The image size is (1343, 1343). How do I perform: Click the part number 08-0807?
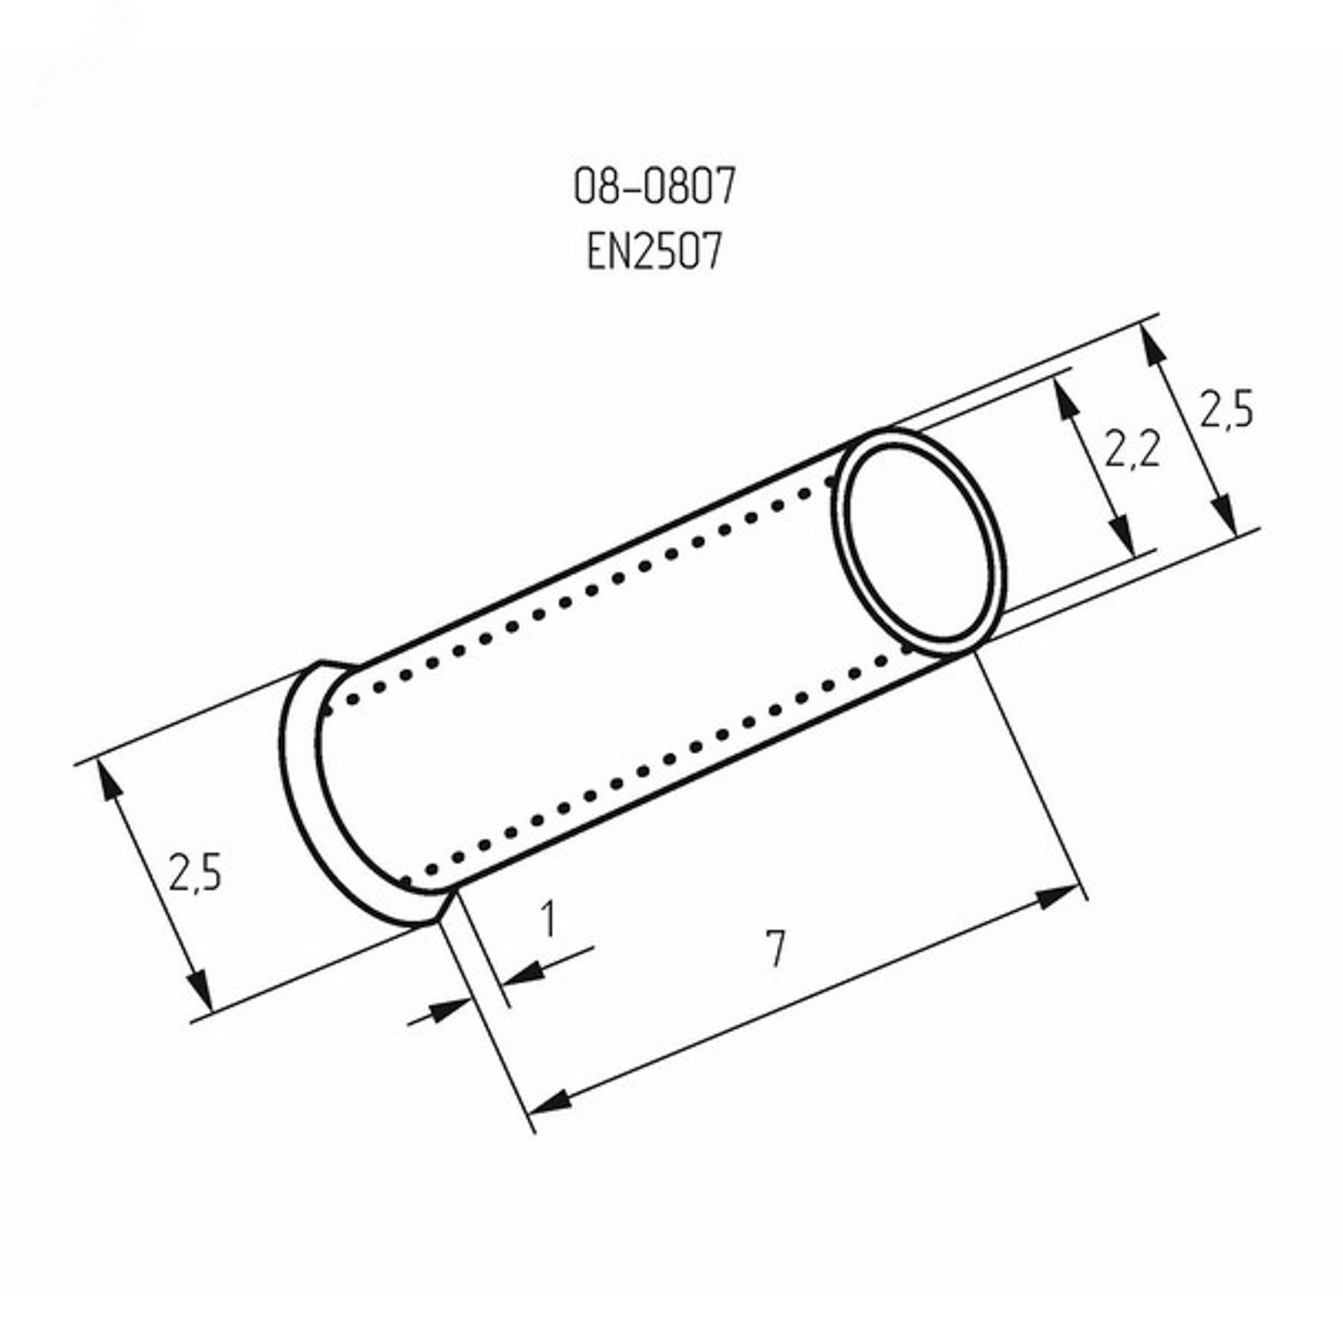coord(654,188)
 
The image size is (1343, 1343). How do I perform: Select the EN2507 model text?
coord(654,252)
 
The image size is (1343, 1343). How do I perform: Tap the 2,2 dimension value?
coord(1132,450)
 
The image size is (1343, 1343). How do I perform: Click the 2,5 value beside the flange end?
coord(193,873)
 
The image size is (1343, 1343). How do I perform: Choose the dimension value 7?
coord(775,950)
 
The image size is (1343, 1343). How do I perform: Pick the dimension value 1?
coord(548,919)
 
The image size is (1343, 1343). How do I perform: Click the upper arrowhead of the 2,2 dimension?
coord(1065,395)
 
